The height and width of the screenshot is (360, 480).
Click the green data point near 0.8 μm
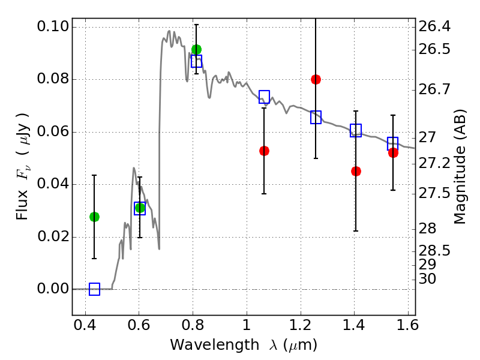pyautogui.click(x=196, y=49)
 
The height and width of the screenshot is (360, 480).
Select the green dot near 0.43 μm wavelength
pyautogui.click(x=94, y=217)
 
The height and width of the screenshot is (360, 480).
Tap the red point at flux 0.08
pyautogui.click(x=316, y=80)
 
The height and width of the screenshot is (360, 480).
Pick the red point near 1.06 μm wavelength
pyautogui.click(x=264, y=151)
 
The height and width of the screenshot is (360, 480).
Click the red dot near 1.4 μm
pyautogui.click(x=356, y=171)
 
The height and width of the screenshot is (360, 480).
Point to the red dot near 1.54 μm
pyautogui.click(x=393, y=153)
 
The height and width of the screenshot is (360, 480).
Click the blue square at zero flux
pyautogui.click(x=94, y=289)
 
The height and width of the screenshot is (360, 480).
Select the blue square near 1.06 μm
pyautogui.click(x=264, y=97)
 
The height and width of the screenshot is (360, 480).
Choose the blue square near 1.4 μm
pyautogui.click(x=356, y=130)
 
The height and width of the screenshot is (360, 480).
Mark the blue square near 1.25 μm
pyautogui.click(x=316, y=117)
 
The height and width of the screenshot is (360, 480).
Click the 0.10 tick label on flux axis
pyautogui.click(x=53, y=26)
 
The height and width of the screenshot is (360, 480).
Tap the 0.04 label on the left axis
pyautogui.click(x=53, y=184)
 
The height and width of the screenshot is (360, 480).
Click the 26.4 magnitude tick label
pyautogui.click(x=434, y=26)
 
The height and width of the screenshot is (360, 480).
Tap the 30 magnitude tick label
pyautogui.click(x=427, y=279)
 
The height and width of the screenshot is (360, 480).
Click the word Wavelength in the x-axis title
pyautogui.click(x=215, y=345)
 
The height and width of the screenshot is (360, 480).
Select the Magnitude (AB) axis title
pyautogui.click(x=460, y=167)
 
